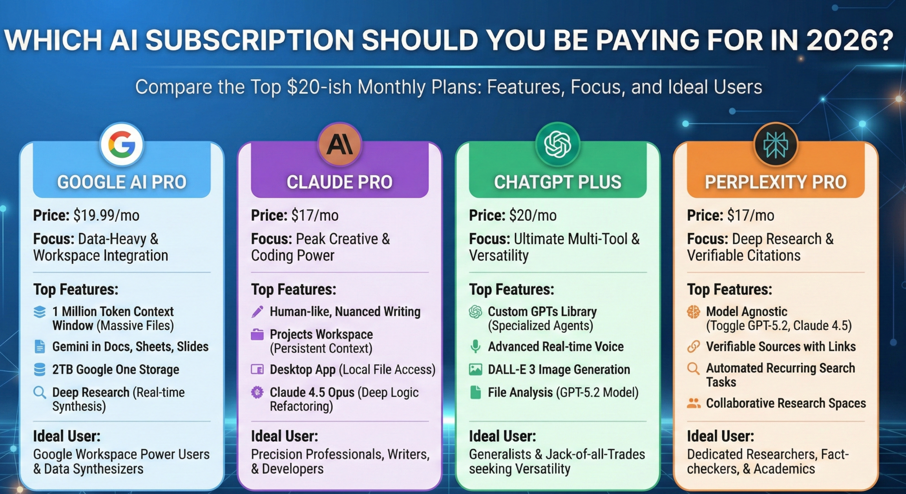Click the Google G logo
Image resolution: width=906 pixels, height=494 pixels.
(x=122, y=144)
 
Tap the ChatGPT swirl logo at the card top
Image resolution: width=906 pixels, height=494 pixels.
(x=557, y=144)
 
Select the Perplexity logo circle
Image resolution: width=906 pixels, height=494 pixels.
(x=775, y=144)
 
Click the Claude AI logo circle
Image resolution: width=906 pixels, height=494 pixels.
(x=340, y=144)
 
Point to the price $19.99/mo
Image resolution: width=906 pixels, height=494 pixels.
(x=106, y=216)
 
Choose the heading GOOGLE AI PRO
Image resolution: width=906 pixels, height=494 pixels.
(x=122, y=182)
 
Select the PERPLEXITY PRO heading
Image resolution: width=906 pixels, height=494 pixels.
(x=775, y=182)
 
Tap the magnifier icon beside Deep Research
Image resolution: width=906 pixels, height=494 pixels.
(x=40, y=393)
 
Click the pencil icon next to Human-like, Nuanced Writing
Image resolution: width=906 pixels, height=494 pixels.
(x=257, y=311)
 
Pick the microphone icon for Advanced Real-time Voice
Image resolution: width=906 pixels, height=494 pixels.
(x=476, y=347)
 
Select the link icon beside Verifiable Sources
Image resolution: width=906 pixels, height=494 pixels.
(x=693, y=347)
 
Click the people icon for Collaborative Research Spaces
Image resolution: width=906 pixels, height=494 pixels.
(x=693, y=403)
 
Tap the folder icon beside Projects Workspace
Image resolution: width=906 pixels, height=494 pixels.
(x=257, y=335)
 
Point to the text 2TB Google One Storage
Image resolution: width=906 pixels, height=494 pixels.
(x=116, y=369)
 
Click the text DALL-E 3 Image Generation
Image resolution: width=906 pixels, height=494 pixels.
(x=559, y=369)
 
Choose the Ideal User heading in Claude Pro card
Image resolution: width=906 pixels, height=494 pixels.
(x=284, y=436)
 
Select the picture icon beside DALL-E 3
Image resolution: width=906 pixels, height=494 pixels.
(x=476, y=369)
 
